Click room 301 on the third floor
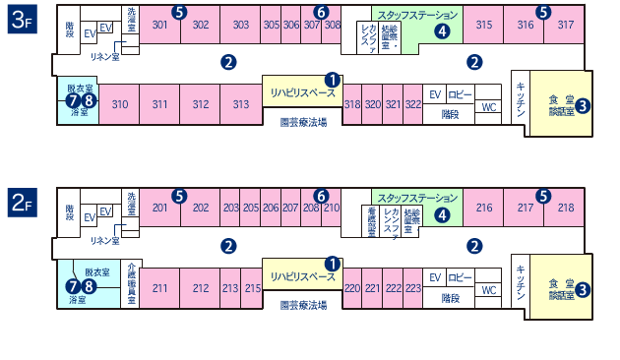pos(160,26)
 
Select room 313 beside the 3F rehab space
pos(240,104)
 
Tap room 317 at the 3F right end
pos(565,26)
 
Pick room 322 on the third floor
pos(413,104)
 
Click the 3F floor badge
pos(22,21)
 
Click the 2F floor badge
pos(22,203)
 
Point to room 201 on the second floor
pos(160,208)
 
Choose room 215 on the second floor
pos(252,288)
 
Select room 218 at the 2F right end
pos(565,208)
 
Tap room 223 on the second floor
pos(413,288)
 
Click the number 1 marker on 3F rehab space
pos(332,80)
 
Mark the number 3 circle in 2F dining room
pos(583,289)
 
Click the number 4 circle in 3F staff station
pos(442,31)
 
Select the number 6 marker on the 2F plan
pos(321,195)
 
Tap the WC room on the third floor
pos(488,107)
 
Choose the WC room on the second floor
pos(488,290)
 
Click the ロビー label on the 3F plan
pos(460,94)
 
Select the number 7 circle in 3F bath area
pos(72,100)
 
